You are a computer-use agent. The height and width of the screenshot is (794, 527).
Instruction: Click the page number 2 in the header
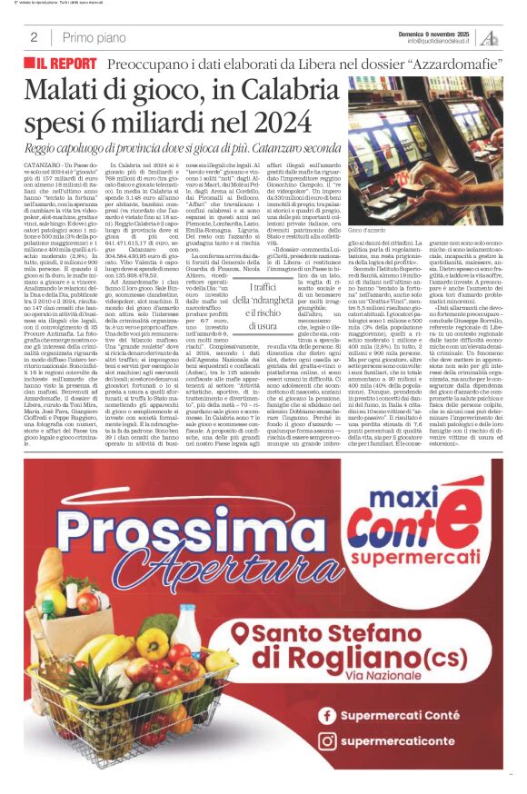(33, 37)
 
